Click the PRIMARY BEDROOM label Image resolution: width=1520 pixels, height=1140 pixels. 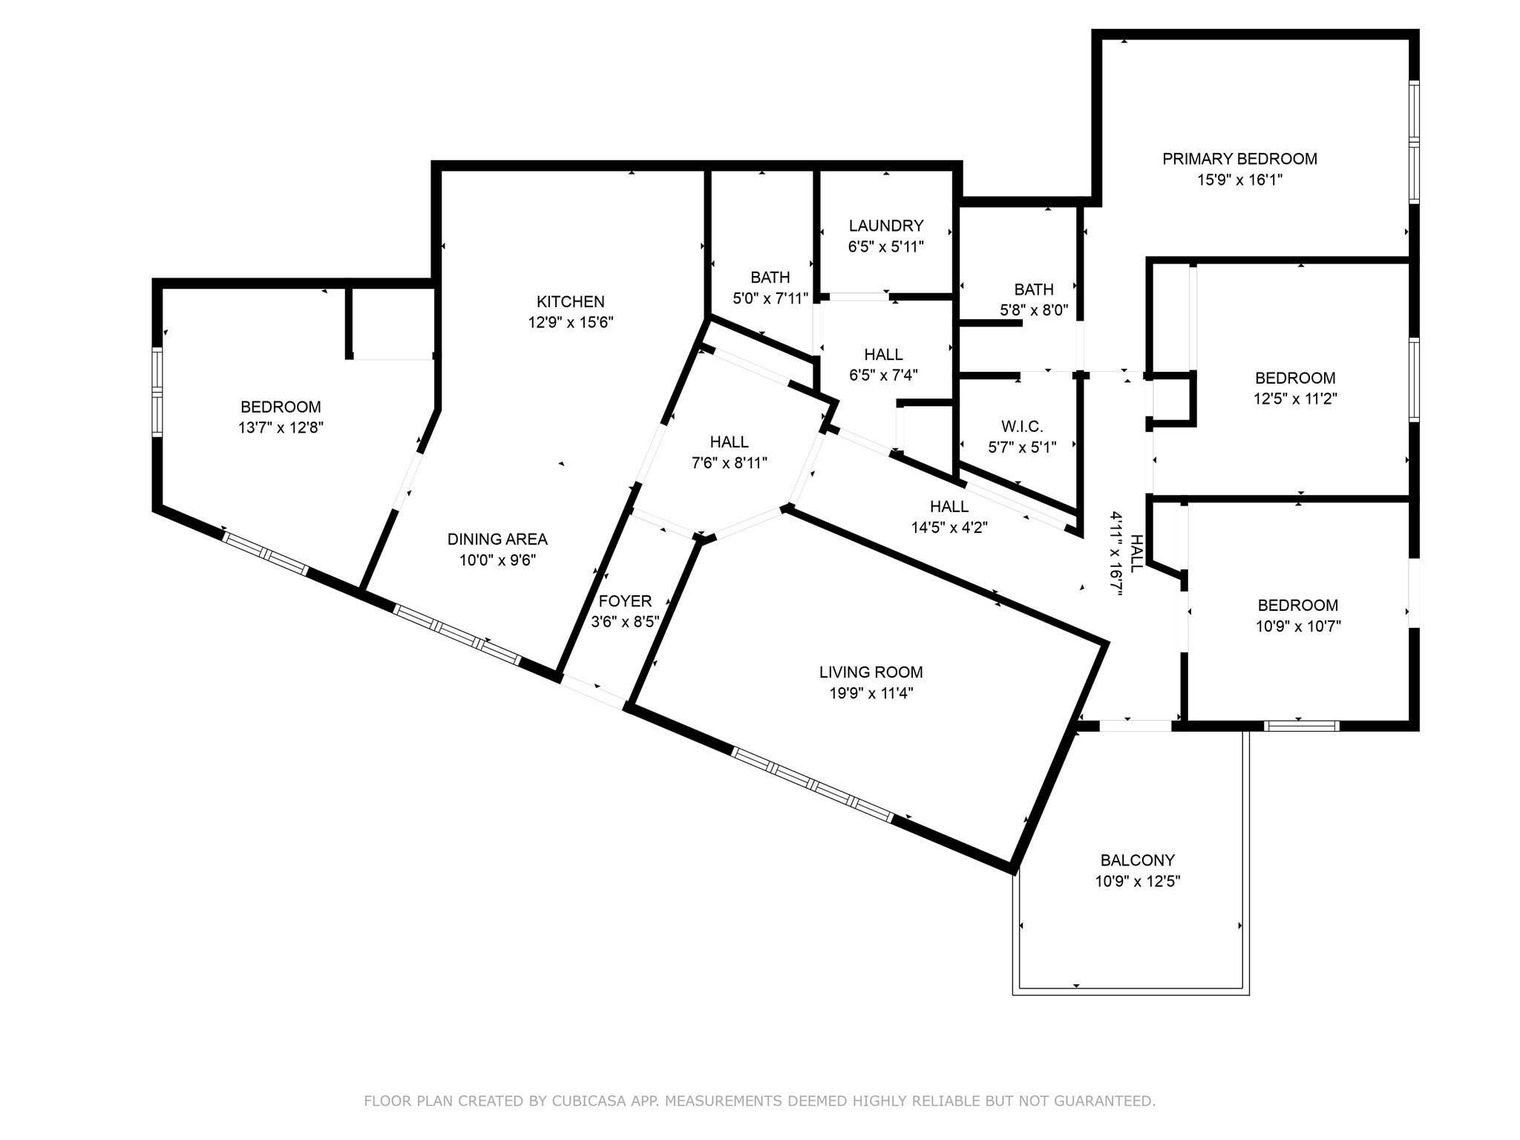pyautogui.click(x=1239, y=159)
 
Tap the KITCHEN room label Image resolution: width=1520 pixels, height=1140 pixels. pyautogui.click(x=571, y=301)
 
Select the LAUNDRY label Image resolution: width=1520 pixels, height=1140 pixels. pyautogui.click(x=886, y=226)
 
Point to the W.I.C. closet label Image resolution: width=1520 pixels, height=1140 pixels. pyautogui.click(x=1022, y=426)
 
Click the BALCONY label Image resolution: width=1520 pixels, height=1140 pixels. pyautogui.click(x=1137, y=860)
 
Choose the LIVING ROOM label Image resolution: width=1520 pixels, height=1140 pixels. pyautogui.click(x=871, y=672)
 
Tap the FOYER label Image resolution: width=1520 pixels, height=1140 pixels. pyautogui.click(x=625, y=601)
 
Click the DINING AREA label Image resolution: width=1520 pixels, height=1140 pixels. pyautogui.click(x=497, y=540)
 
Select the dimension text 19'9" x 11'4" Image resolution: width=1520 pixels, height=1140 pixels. pyautogui.click(x=871, y=693)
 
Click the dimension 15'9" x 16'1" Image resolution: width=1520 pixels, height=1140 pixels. pyautogui.click(x=1239, y=180)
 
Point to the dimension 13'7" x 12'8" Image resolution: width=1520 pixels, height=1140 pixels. pyautogui.click(x=281, y=427)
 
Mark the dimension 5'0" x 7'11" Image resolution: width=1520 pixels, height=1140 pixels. pyautogui.click(x=770, y=298)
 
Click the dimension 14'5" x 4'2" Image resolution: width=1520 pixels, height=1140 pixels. pyautogui.click(x=949, y=528)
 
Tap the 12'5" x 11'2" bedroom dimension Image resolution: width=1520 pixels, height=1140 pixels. pyautogui.click(x=1295, y=399)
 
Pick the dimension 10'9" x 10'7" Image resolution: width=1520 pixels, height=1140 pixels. pyautogui.click(x=1298, y=626)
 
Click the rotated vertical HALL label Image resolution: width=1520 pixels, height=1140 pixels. pyautogui.click(x=1136, y=553)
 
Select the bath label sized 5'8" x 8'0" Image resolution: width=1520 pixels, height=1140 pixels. pyautogui.click(x=1034, y=289)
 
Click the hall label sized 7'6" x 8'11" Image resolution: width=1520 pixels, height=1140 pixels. pyautogui.click(x=729, y=442)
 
